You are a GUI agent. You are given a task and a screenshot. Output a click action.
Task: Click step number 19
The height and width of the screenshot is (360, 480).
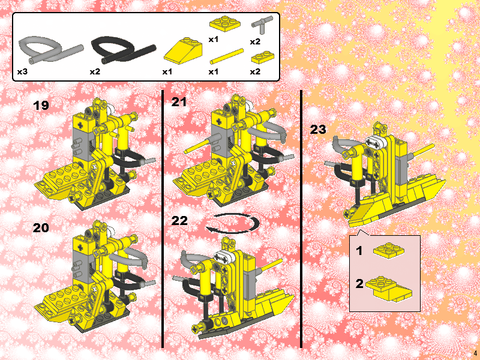point(41,106)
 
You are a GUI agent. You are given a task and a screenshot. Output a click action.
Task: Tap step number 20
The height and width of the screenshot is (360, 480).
point(41,228)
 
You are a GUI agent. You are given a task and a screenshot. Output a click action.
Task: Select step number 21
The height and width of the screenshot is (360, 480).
point(179,102)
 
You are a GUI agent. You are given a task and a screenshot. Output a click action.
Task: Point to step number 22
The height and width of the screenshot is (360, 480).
point(179,221)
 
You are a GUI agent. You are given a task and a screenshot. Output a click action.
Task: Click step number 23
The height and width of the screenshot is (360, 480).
point(319,130)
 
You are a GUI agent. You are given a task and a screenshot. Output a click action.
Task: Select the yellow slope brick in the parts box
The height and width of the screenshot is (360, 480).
point(183,51)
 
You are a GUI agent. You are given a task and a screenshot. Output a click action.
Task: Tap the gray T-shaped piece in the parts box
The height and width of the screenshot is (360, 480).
point(262,25)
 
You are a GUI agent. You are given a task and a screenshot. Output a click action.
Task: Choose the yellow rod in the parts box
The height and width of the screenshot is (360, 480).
point(227,56)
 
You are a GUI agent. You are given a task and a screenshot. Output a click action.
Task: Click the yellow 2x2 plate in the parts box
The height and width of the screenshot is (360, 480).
point(225,24)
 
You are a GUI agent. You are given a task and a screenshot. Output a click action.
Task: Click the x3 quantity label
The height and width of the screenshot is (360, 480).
point(22,72)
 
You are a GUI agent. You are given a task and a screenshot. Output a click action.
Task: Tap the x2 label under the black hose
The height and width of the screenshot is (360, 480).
point(95,72)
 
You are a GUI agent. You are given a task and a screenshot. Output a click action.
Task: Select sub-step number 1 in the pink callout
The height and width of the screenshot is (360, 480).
point(359,251)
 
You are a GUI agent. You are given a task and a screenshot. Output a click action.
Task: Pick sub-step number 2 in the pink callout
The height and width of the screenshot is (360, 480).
point(359,284)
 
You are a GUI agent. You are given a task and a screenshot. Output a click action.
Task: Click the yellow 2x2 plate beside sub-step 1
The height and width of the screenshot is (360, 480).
point(388,250)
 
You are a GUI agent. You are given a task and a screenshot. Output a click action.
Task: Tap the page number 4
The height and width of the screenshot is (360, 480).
point(475,352)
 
